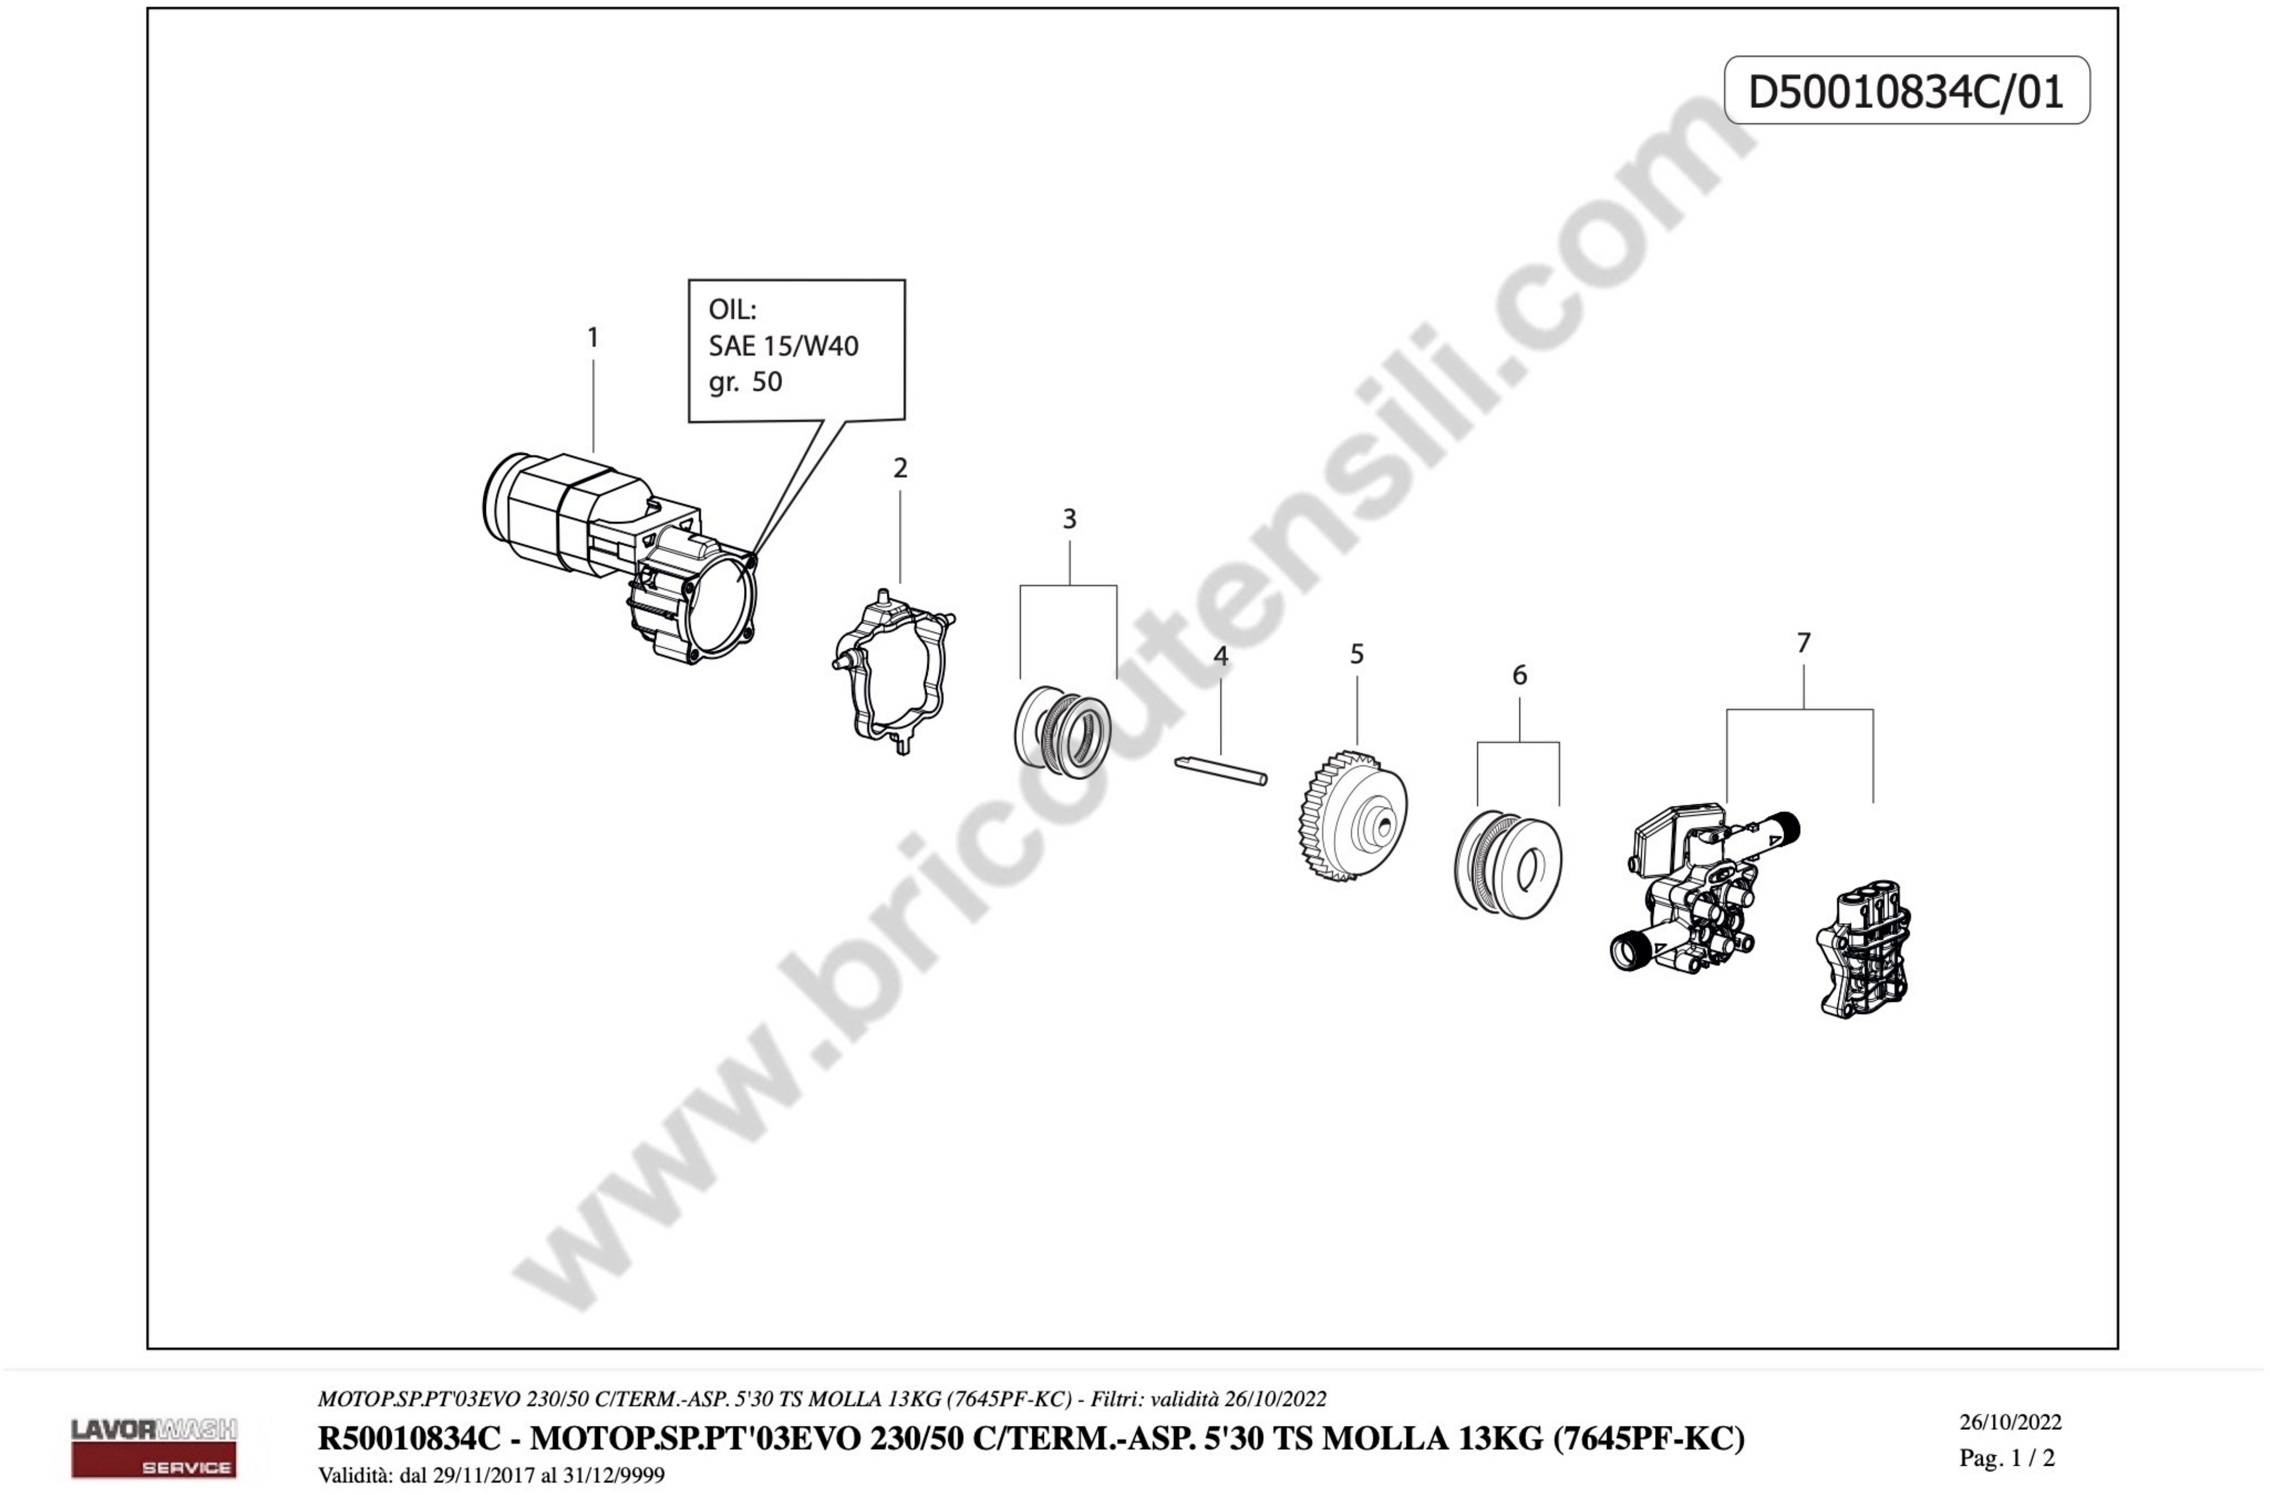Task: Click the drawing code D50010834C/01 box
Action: pos(1907,91)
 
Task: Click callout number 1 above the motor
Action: pos(593,338)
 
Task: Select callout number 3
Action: pos(1069,519)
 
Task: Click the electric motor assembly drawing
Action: pos(620,558)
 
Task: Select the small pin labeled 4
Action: pos(1221,770)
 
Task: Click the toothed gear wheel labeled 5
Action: pos(1352,815)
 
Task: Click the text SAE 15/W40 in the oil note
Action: pos(783,346)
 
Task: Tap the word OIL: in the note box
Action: pos(732,310)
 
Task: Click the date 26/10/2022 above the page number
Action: pos(2010,1423)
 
